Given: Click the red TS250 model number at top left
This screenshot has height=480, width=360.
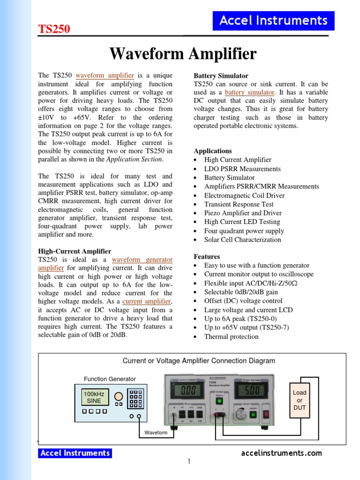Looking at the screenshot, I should click(54, 29).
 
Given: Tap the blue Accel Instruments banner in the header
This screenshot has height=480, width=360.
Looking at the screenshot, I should click(273, 21).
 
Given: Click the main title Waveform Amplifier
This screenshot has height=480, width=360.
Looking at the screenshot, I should click(183, 54).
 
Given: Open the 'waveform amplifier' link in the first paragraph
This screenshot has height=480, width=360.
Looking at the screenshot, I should click(105, 75).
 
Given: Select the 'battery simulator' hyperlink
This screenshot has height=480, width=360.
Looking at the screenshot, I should click(249, 92).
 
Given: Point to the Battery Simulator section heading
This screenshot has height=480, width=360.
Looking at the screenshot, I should click(221, 75).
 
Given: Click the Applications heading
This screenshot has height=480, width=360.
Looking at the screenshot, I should click(213, 151).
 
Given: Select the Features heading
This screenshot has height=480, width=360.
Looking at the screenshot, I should click(207, 256).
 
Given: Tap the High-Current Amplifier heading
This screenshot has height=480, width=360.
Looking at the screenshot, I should click(75, 251).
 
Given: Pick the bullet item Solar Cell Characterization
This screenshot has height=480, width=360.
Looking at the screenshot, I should click(242, 240).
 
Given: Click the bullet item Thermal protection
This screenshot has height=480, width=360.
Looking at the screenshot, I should click(231, 337).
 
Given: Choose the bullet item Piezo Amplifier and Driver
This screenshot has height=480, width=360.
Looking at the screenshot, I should click(242, 213).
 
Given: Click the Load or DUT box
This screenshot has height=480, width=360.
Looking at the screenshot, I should click(300, 400).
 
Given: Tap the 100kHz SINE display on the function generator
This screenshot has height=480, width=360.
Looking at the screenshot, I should click(94, 397).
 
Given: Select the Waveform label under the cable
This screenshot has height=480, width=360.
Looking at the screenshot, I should click(156, 433).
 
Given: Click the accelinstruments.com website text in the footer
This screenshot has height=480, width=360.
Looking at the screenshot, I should click(281, 453).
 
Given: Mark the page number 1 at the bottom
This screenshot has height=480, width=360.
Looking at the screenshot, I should click(189, 462).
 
